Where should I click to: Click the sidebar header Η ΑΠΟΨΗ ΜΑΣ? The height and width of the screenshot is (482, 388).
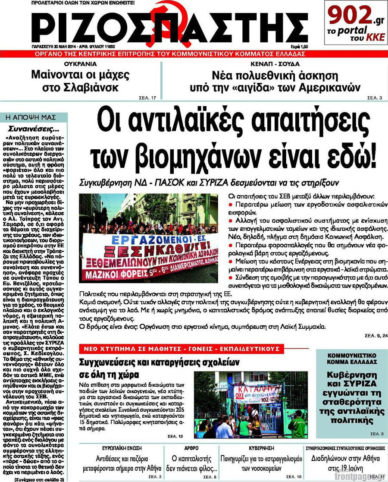point(34,117)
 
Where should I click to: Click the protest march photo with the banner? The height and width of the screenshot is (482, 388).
point(148,238)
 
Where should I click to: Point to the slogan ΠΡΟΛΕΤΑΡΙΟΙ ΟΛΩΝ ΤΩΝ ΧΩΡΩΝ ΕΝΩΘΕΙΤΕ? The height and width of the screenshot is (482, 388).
point(83,3)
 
